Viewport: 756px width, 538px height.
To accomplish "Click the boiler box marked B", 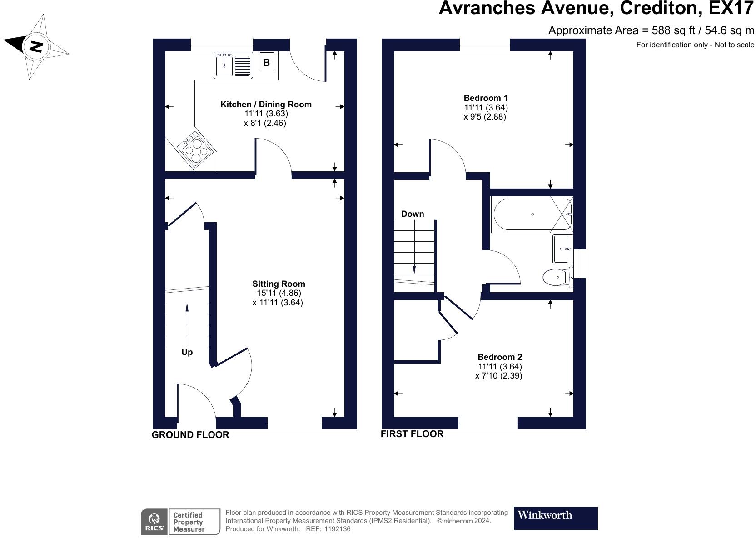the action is [x=267, y=62].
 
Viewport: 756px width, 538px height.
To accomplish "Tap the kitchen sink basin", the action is [x=224, y=65].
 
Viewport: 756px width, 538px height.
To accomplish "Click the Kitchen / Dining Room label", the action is [x=266, y=105].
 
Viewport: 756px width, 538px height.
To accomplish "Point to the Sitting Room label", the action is [x=279, y=284].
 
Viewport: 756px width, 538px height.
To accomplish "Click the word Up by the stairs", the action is [x=187, y=352].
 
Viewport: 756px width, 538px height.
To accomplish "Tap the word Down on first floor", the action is [x=413, y=214].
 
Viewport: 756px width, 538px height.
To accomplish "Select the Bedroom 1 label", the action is [x=486, y=98].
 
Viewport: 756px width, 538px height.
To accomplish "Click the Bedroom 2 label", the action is [x=500, y=357].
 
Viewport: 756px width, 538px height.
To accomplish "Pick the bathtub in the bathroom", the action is [x=532, y=214].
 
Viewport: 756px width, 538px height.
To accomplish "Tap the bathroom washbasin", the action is [x=562, y=249].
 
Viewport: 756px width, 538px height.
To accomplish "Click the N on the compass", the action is [x=36, y=46].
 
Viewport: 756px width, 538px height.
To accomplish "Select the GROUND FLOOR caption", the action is [x=190, y=435].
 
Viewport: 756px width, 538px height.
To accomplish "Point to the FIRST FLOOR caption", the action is [x=412, y=434].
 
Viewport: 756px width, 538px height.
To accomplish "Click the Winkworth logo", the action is [x=556, y=518].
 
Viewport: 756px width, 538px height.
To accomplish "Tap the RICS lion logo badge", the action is [x=154, y=522].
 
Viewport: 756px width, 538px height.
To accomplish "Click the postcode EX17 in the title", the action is [x=731, y=8].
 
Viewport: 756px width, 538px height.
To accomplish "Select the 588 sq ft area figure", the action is [x=673, y=30].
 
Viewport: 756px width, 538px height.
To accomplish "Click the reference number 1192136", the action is [x=337, y=529].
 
